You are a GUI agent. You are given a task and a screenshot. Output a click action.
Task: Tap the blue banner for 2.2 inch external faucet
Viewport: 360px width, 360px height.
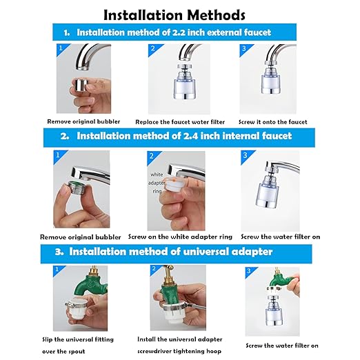click(x=175, y=32)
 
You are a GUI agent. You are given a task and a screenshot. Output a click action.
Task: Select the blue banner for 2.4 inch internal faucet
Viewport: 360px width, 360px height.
click(x=175, y=136)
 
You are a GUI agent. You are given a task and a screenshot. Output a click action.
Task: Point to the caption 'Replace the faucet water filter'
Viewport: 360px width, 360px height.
click(x=180, y=121)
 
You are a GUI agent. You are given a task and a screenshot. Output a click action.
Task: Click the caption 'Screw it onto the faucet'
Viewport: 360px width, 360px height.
click(x=272, y=121)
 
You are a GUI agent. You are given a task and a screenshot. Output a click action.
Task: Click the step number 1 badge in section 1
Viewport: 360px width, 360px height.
click(x=59, y=49)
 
